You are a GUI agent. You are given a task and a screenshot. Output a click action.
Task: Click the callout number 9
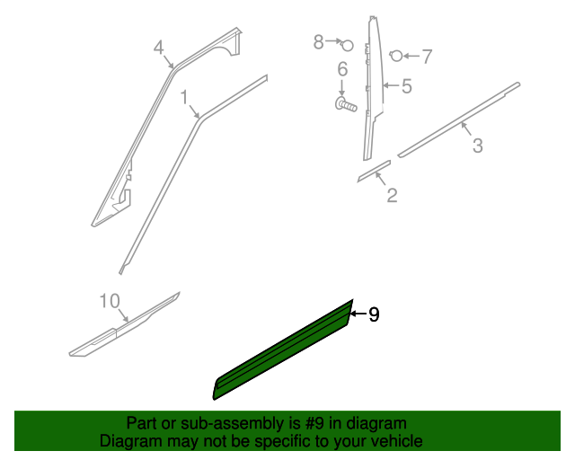[x=374, y=314]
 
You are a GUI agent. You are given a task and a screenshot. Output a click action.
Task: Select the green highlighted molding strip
[x=283, y=350]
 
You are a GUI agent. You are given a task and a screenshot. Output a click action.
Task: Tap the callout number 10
[x=109, y=301]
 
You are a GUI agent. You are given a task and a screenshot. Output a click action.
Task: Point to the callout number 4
[x=159, y=47]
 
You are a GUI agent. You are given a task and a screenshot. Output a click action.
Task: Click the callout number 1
[x=184, y=96]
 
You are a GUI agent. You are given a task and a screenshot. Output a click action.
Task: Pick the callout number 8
[x=318, y=41]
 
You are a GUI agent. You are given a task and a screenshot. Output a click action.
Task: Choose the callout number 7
[x=427, y=57]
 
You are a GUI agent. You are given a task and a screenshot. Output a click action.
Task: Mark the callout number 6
[x=342, y=70]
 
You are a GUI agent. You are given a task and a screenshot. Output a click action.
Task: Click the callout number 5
[x=406, y=86]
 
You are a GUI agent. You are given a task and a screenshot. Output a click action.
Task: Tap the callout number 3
[x=477, y=146]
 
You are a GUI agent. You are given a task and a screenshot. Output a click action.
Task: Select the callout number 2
[x=392, y=194]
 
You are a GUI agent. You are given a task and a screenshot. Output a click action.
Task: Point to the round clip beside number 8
[x=349, y=45]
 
